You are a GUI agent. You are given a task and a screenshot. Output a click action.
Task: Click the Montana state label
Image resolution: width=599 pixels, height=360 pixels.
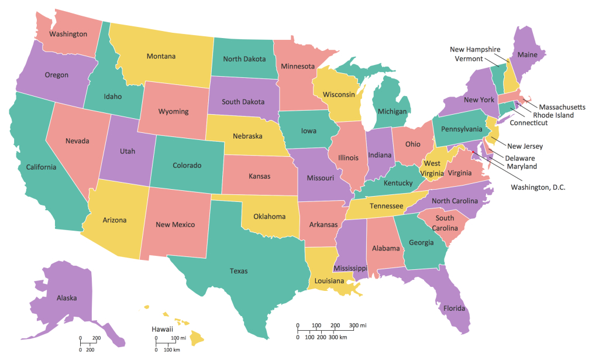pos(161,56)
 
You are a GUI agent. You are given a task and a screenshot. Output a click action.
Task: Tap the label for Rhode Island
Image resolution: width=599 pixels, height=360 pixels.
pos(553,115)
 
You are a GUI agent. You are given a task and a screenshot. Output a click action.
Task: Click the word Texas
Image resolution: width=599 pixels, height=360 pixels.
pos(239,271)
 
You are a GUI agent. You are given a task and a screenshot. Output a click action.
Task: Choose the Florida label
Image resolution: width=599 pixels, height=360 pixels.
pos(453,308)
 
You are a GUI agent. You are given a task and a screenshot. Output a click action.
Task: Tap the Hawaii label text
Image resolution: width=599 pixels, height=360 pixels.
pos(162,330)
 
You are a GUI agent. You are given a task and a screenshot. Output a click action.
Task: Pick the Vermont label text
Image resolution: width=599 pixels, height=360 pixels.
pos(469,59)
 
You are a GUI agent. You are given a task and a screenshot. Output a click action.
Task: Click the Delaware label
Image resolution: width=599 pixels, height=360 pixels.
pos(520,158)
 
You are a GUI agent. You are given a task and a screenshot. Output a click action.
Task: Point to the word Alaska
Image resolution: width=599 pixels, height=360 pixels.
pos(67,298)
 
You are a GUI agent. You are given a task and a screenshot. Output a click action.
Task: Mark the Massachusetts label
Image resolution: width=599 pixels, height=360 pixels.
pos(562,107)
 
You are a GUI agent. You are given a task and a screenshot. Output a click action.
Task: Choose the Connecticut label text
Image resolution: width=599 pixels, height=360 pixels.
pos(528,123)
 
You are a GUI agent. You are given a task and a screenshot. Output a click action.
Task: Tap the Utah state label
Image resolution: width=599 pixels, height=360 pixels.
pos(128,151)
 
